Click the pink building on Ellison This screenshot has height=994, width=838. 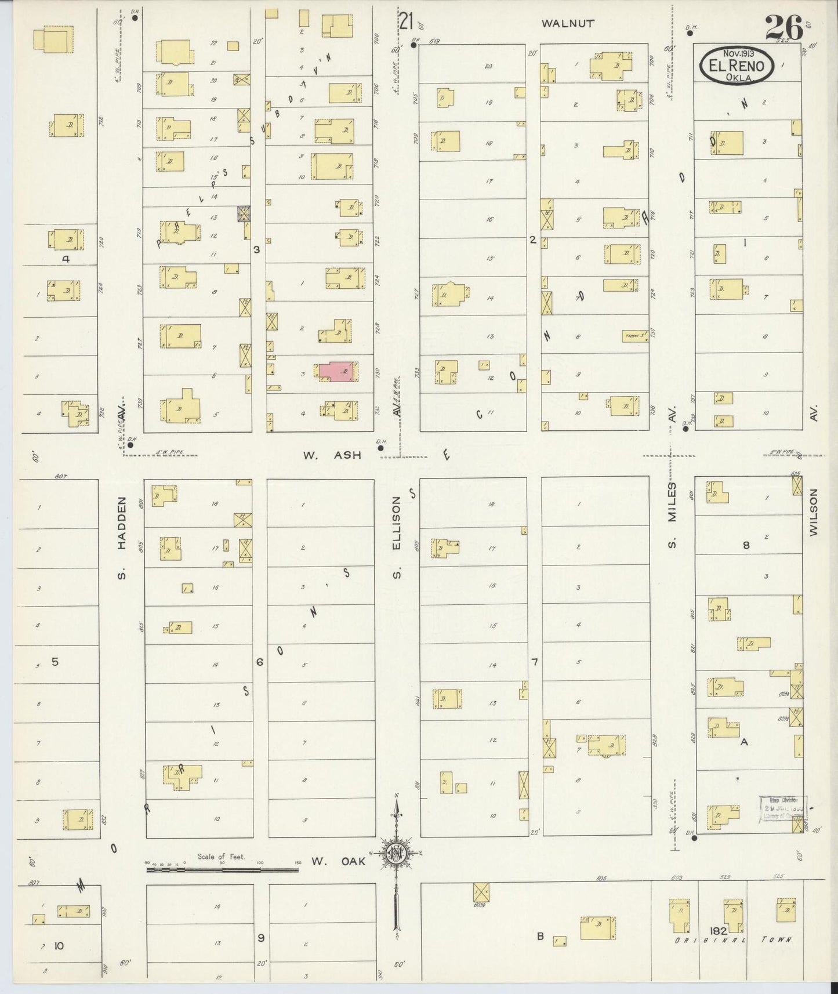click(x=336, y=372)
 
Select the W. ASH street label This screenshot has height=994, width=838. click(x=331, y=455)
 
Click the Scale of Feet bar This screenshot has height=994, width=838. click(x=222, y=868)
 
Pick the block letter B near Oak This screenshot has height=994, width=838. click(x=540, y=935)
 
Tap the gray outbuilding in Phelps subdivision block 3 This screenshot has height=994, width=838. click(x=243, y=213)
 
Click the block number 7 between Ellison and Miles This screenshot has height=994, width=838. click(x=534, y=661)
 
